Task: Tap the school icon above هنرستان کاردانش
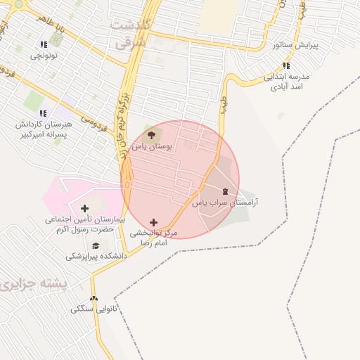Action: click(x=43, y=113)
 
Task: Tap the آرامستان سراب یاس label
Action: click(x=225, y=202)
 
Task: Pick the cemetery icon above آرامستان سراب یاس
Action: click(x=225, y=191)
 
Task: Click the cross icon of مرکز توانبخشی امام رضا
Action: click(x=154, y=222)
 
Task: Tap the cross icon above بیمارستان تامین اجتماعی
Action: click(x=85, y=208)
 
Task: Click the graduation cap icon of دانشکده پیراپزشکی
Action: click(x=96, y=245)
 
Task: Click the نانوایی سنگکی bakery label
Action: click(x=94, y=309)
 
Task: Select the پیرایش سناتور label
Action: click(x=295, y=45)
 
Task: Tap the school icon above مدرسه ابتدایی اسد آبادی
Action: click(x=285, y=65)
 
